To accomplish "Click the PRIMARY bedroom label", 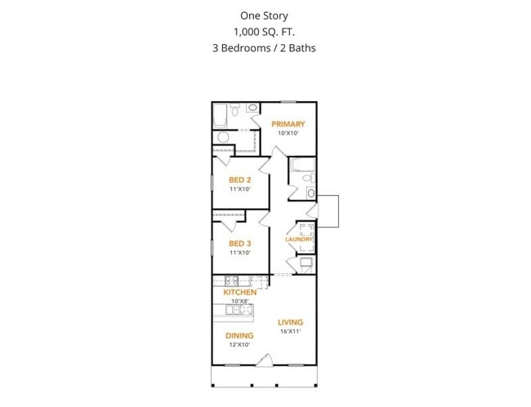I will [x=288, y=125].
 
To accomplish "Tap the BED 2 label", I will [x=239, y=180].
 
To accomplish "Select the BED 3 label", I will [x=239, y=244].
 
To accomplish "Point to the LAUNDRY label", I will [x=299, y=239].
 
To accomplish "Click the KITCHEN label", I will [x=240, y=292].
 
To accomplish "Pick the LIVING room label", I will [x=290, y=321].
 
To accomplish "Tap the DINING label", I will [x=239, y=335].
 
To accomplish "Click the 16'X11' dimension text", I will [x=290, y=331].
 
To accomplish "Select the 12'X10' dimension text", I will [x=239, y=345].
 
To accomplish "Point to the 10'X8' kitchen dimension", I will [x=240, y=301].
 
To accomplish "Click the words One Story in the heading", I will [x=263, y=15].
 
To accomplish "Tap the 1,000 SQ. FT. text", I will [x=263, y=32].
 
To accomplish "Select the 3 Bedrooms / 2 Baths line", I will [x=263, y=48].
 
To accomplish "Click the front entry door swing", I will [x=264, y=360].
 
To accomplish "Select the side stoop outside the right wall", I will [x=328, y=210].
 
